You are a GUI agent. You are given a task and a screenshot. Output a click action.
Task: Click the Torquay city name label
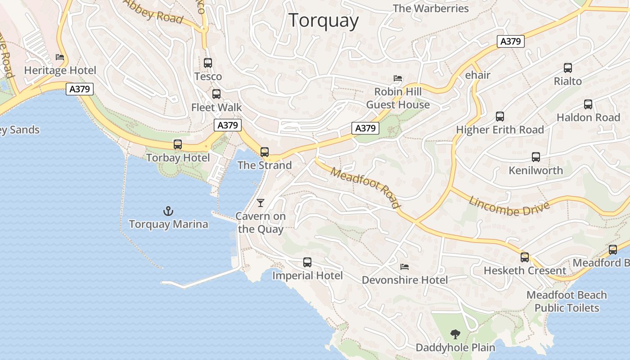324,21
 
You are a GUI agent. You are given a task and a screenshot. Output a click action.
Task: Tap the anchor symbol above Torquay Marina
168,211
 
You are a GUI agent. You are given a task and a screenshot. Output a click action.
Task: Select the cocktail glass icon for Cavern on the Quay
260,203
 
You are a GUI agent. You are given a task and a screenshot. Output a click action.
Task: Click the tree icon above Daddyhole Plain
455,334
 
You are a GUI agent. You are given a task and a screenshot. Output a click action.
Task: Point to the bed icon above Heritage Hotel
60,57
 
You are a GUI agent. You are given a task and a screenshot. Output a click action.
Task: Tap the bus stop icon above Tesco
208,63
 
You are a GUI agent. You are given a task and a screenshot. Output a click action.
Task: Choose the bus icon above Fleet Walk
216,94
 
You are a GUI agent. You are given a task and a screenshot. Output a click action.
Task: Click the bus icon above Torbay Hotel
178,144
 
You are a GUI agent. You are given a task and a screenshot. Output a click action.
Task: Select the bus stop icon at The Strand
265,152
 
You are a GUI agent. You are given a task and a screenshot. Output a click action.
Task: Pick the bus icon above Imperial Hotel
307,262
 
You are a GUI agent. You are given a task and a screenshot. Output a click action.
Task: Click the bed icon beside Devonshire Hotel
405,267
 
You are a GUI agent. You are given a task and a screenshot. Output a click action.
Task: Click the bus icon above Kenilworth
535,157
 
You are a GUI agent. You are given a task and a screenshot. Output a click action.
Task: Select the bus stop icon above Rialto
568,68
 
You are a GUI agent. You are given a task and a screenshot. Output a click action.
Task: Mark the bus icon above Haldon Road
588,104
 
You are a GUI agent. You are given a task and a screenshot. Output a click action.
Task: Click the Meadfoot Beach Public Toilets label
567,301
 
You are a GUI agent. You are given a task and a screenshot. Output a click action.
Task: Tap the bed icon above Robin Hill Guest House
398,78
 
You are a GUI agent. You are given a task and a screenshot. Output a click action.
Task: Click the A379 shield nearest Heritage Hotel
80,89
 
